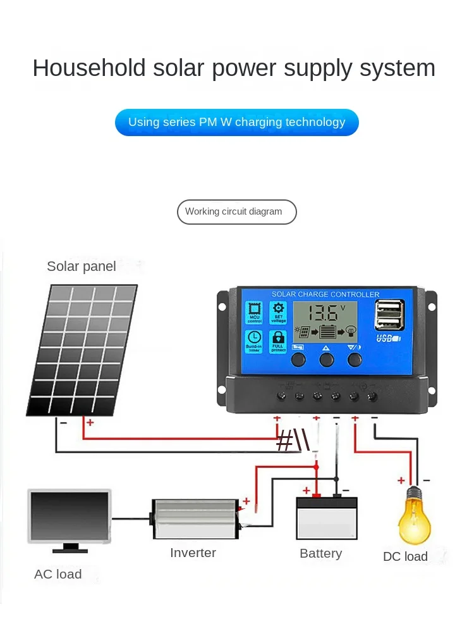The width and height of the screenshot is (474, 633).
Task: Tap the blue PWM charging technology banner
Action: click(237, 122)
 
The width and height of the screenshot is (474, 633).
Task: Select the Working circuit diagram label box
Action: click(236, 212)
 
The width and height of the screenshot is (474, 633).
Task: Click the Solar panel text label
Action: click(82, 266)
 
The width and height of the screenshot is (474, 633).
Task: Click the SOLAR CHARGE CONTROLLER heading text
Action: click(325, 294)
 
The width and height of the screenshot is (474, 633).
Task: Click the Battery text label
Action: click(320, 554)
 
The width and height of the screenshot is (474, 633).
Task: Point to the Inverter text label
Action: click(193, 553)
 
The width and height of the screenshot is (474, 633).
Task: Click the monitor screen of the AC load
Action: click(70, 516)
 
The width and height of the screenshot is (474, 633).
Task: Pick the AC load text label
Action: click(58, 574)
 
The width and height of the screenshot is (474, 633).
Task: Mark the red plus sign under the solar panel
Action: click(90, 422)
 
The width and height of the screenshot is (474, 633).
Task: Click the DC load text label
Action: click(405, 556)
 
